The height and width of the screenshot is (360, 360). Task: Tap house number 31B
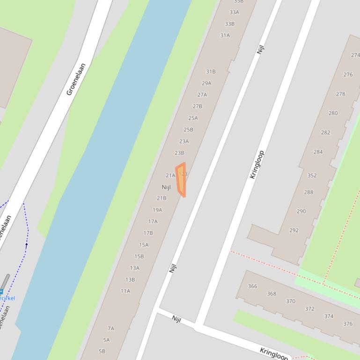point(211,72)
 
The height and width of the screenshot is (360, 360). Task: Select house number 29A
point(206,83)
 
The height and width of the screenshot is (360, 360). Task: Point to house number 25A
point(193,118)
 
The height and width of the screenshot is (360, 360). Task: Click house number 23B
point(179,153)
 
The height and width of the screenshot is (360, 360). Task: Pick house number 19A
point(157,210)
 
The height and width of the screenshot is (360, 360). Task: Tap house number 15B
point(139,256)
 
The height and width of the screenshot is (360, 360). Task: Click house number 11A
point(125,291)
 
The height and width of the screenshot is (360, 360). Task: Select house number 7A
point(111,329)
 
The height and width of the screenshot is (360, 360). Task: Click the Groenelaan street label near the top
point(76,79)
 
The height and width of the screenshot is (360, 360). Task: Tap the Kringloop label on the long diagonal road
point(257,165)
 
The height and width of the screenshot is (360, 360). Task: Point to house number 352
point(312,176)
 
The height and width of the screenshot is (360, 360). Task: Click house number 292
point(294,230)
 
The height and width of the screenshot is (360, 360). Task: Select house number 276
point(348,75)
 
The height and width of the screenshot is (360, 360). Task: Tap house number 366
point(252,286)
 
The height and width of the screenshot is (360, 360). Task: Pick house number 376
point(347,324)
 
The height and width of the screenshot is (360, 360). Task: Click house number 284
point(318,152)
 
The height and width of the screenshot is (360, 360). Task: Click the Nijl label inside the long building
point(166,187)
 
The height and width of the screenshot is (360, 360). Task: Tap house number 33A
point(234,13)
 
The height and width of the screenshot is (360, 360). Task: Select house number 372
point(309,309)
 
